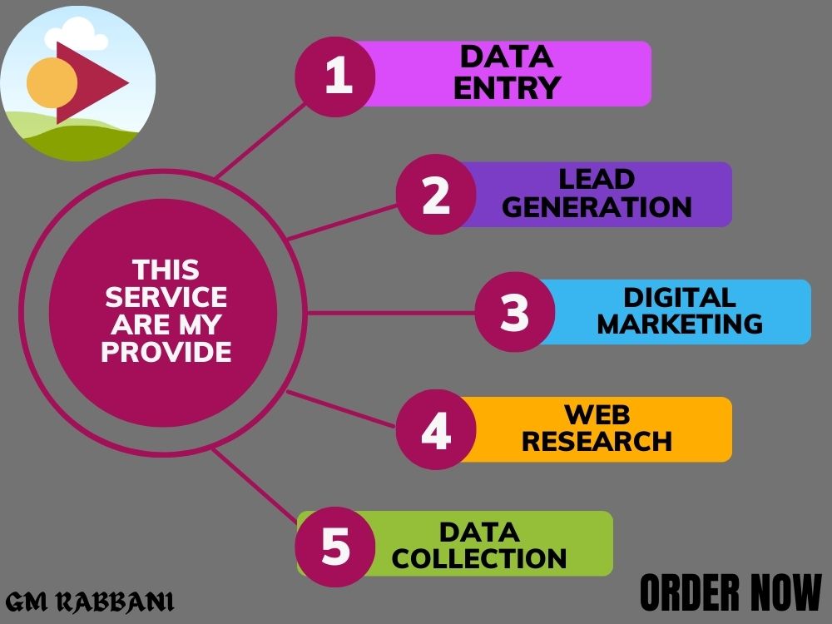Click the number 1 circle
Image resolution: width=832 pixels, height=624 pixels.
click(335, 77)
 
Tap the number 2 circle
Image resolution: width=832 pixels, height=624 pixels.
click(436, 194)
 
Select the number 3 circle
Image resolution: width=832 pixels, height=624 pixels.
click(515, 312)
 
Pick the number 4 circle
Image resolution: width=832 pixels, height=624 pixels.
click(436, 430)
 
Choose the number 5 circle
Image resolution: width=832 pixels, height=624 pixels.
click(335, 547)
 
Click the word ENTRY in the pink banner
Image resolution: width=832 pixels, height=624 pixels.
click(507, 88)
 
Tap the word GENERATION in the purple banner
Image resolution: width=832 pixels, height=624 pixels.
click(597, 207)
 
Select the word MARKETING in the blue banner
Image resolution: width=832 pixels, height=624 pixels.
click(681, 324)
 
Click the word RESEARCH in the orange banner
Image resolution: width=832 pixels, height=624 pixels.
click(597, 442)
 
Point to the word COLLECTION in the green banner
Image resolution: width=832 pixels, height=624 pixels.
click(479, 559)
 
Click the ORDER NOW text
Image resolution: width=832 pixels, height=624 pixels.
click(730, 592)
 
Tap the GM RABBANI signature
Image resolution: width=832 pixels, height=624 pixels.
click(90, 602)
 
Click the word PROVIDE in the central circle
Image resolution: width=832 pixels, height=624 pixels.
click(166, 352)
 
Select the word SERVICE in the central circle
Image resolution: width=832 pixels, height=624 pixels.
click(166, 297)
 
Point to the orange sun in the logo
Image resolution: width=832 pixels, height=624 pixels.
click(52, 82)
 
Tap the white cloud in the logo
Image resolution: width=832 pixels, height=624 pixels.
click(76, 34)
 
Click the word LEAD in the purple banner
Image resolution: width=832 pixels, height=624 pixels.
click(597, 180)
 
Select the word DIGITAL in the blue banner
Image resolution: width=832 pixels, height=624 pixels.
click(680, 297)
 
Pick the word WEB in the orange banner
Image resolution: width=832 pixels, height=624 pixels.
click(597, 414)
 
